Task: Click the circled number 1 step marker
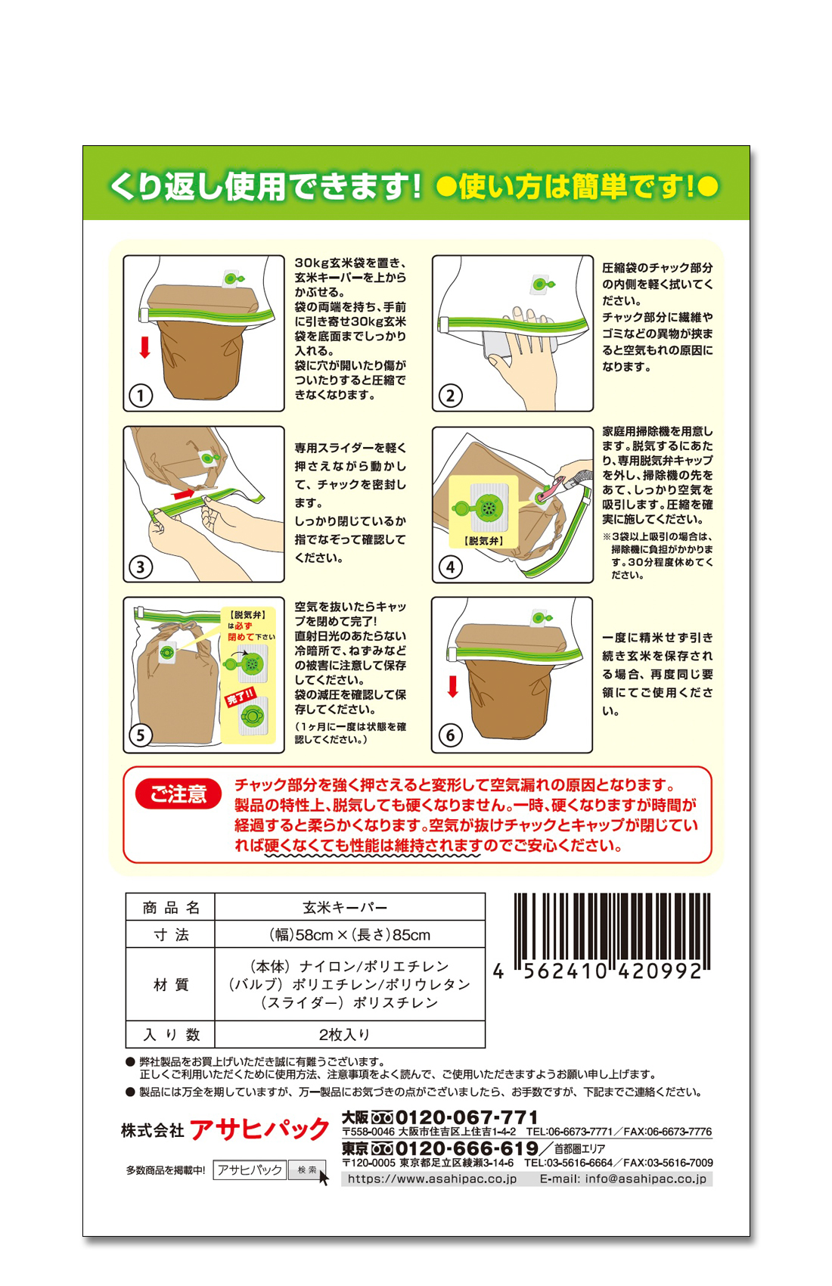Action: pos(141,396)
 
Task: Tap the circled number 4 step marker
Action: pos(450,567)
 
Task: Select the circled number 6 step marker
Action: pos(450,735)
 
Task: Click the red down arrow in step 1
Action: pos(144,347)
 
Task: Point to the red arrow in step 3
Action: pos(185,494)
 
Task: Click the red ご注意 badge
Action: pos(178,794)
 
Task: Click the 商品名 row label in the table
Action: pos(170,908)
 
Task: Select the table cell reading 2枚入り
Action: pos(349,1035)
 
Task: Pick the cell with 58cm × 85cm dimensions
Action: pos(349,935)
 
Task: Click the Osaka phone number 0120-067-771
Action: pos(467,1117)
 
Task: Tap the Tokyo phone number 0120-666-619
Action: pos(467,1148)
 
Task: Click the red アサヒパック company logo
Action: pos(259,1130)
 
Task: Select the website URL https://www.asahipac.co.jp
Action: pos(433,1179)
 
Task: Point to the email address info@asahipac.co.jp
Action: pos(623,1179)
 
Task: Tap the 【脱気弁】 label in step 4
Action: pos(483,541)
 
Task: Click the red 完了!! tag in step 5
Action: pos(240,697)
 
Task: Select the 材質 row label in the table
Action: pos(170,985)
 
